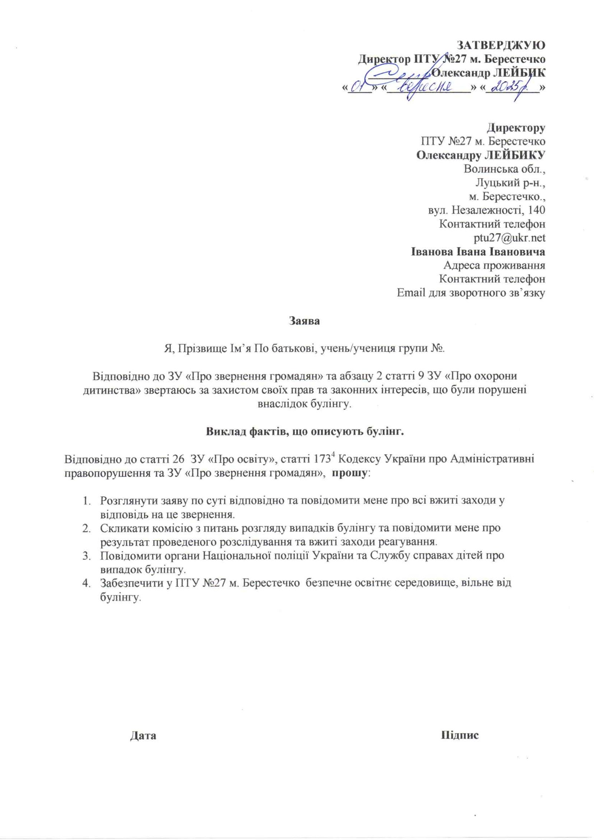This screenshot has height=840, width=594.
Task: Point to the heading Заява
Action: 304,321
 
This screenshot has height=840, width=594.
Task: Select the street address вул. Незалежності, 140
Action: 484,210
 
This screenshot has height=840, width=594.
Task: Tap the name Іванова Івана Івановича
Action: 478,252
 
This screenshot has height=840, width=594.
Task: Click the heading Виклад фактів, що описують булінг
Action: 304,432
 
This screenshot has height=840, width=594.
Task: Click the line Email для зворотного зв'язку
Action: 471,293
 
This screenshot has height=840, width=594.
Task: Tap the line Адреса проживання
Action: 495,266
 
